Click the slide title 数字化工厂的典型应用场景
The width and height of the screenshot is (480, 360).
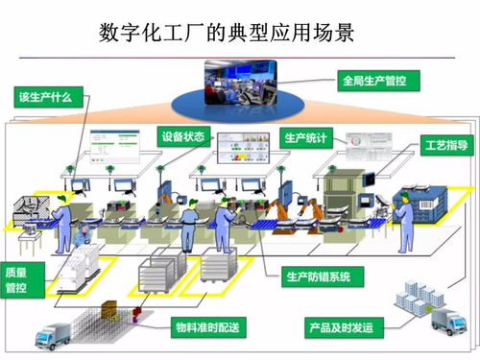click(228, 33)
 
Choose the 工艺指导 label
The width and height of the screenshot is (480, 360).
click(445, 147)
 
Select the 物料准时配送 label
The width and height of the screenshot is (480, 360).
click(205, 329)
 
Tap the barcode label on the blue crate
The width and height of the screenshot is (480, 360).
click(422, 201)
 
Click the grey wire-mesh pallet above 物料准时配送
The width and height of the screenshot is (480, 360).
click(157, 278)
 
